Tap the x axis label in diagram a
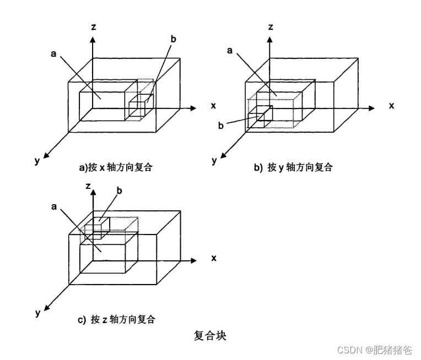pyautogui.click(x=213, y=105)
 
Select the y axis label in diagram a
pyautogui.click(x=36, y=161)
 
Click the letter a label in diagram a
pyautogui.click(x=53, y=53)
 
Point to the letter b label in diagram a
pyautogui.click(x=173, y=39)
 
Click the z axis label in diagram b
pyautogui.click(x=271, y=26)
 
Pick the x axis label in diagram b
pyautogui.click(x=391, y=105)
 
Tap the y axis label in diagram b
pyautogui.click(x=214, y=161)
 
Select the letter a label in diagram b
pyautogui.click(x=230, y=51)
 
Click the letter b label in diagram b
pyautogui.click(x=221, y=126)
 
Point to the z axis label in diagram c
pyautogui.click(x=88, y=186)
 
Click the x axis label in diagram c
pyautogui.click(x=213, y=257)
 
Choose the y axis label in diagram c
pyautogui.click(x=37, y=313)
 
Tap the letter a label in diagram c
pyautogui.click(x=55, y=206)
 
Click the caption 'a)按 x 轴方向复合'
pyautogui.click(x=116, y=167)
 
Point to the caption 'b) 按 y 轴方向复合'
pyautogui.click(x=293, y=167)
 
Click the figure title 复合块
pyautogui.click(x=210, y=335)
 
